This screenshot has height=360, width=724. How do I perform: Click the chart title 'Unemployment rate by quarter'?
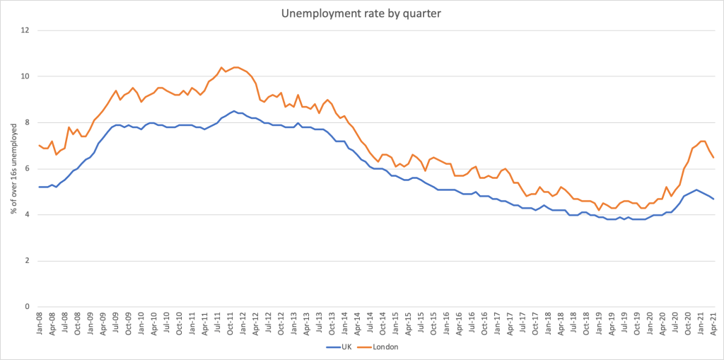click(x=362, y=13)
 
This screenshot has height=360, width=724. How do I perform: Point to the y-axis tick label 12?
click(x=26, y=30)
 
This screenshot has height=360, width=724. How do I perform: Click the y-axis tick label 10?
click(x=26, y=76)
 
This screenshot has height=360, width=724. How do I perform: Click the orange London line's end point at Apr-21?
click(x=713, y=158)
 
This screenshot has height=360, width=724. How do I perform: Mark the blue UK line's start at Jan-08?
click(x=39, y=187)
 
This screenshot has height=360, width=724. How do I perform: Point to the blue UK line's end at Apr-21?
click(x=713, y=199)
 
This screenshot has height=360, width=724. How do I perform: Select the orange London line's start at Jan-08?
click(x=39, y=146)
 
